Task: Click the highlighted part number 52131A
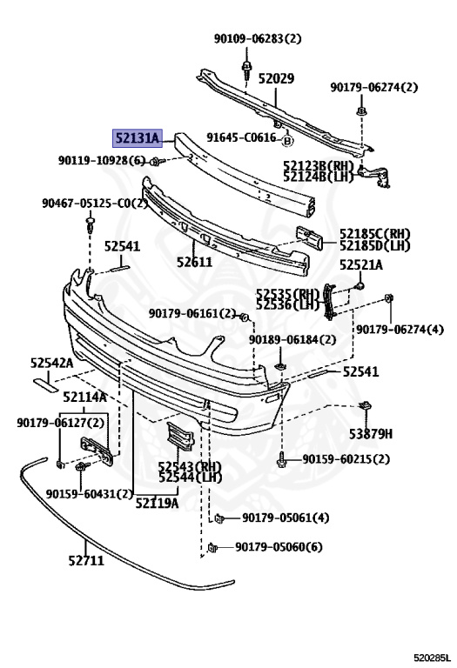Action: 138,138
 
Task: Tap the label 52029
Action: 276,78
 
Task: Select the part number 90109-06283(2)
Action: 258,39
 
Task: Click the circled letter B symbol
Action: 288,141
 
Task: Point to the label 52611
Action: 194,262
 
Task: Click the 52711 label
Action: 86,560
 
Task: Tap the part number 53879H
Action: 371,434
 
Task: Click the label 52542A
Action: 51,363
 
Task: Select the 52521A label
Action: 361,265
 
